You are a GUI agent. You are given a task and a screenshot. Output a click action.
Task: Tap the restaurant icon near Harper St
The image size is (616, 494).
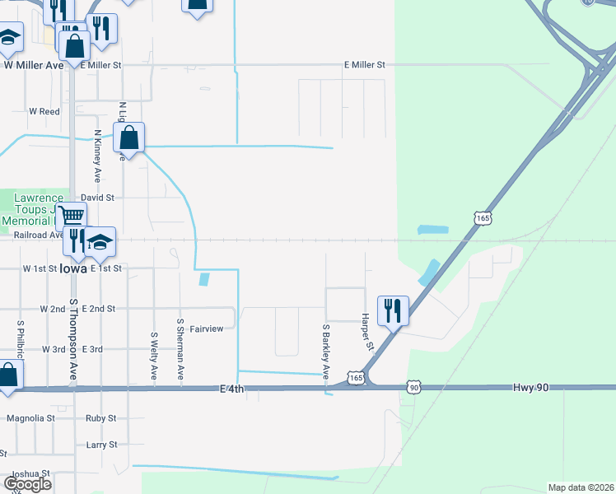point(393,311)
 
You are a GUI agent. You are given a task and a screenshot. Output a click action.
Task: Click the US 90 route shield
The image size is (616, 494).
point(413,386)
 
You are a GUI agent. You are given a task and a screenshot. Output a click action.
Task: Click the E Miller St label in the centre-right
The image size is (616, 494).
point(364,64)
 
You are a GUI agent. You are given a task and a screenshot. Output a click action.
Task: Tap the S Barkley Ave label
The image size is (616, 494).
point(326,351)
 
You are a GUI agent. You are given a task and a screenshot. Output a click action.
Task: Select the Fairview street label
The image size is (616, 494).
point(207,329)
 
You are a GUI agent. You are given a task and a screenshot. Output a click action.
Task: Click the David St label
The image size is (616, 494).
point(97,198)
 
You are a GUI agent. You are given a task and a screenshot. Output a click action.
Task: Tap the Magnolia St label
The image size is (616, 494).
point(30,418)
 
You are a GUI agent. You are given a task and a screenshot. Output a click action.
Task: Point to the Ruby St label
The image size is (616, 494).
point(101,418)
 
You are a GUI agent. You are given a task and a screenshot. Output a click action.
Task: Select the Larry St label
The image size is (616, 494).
point(102,445)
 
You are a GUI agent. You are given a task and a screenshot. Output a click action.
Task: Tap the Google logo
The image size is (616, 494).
point(27,484)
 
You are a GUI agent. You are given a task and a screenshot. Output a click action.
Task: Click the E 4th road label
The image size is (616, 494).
point(232,389)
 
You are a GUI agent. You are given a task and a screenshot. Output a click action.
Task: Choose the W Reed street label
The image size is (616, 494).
point(44,111)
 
